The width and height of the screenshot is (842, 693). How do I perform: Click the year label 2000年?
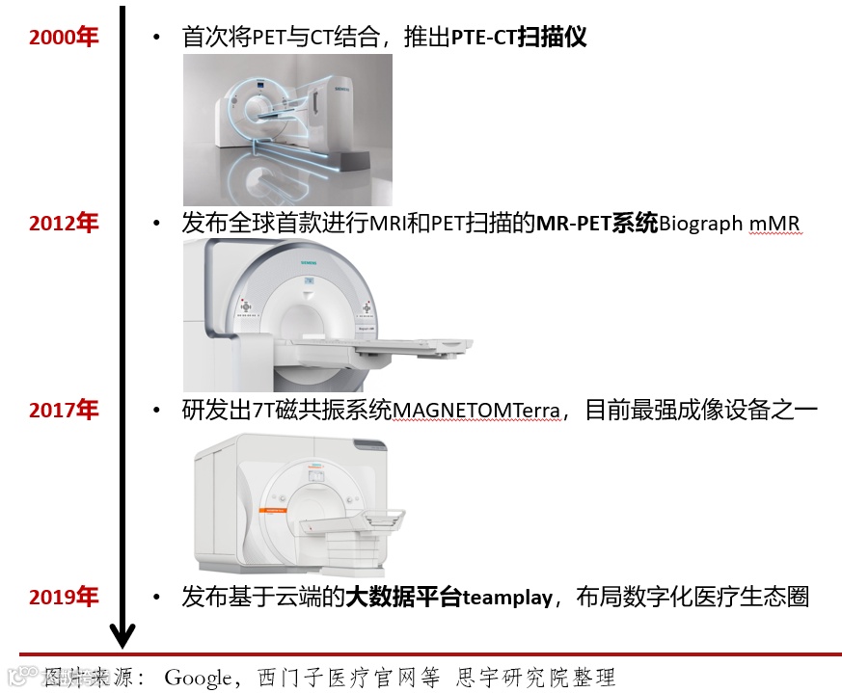pos(64,37)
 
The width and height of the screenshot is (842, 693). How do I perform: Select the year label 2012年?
pos(64,223)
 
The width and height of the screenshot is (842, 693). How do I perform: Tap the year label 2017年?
pos(64,410)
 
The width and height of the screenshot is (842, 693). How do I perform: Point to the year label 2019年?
pos(64,597)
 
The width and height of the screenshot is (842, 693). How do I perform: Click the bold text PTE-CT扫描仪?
pos(519,37)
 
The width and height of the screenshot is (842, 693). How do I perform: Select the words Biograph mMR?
pos(729,224)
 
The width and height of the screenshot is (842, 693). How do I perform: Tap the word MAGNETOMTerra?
pos(476,411)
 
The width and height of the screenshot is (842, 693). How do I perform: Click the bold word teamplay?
pos(507,598)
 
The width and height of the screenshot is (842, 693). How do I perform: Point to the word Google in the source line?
pos(198,678)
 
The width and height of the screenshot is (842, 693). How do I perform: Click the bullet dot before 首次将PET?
pos(156,37)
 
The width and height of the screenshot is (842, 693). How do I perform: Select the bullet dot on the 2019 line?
pos(156,597)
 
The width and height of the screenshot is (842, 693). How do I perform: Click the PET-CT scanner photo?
pos(287,130)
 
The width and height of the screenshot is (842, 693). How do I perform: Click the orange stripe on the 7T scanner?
pos(273,510)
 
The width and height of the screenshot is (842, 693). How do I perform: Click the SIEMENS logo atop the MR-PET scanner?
pos(308,262)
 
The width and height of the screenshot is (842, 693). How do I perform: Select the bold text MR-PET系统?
pos(597,224)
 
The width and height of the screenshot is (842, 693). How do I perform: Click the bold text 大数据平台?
pos(404,597)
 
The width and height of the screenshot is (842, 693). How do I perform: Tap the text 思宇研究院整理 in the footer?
pos(535,678)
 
